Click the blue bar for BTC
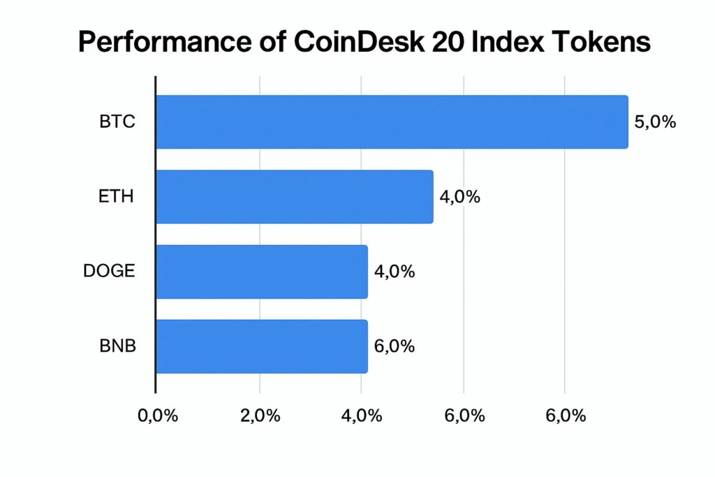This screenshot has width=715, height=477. (x=391, y=122)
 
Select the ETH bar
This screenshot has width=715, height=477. (x=294, y=197)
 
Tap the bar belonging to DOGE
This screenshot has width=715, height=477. (x=261, y=272)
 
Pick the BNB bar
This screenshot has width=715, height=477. (x=261, y=346)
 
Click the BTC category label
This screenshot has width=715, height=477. (x=117, y=122)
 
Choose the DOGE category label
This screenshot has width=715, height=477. (x=108, y=272)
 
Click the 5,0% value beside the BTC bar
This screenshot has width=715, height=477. (x=655, y=122)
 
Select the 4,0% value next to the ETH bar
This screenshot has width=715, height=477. (x=459, y=197)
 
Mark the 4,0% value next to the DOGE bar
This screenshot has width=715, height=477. (x=395, y=272)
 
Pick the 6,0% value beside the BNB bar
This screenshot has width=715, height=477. (x=395, y=346)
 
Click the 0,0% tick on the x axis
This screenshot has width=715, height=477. (x=157, y=416)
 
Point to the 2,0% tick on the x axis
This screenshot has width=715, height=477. (x=260, y=416)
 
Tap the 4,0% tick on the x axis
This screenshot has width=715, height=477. (x=361, y=416)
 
